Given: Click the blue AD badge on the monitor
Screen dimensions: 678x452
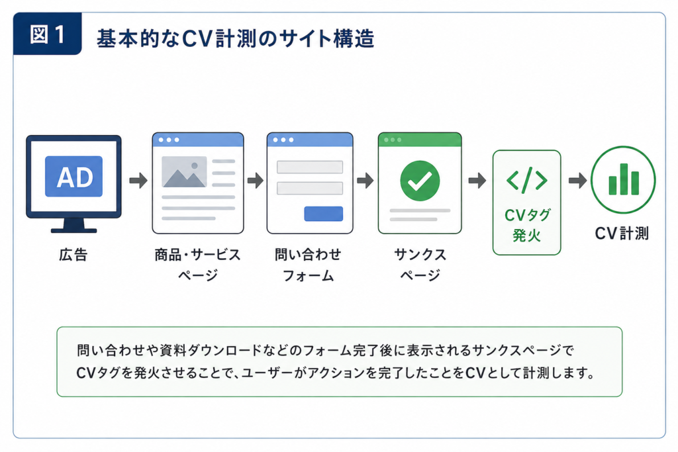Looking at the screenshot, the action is [74, 176].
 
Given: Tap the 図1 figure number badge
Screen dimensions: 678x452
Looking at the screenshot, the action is [47, 34].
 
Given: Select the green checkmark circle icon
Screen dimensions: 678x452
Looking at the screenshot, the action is [420, 181].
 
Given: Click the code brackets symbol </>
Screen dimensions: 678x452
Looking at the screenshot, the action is [526, 180].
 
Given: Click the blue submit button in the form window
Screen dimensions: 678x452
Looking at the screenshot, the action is [323, 214].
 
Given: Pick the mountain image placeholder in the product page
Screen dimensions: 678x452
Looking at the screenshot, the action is [184, 172].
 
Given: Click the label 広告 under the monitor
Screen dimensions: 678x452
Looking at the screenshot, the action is [73, 255].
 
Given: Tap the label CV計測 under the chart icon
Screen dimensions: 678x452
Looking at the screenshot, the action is [622, 234].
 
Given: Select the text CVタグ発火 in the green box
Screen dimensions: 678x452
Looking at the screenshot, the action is [527, 225].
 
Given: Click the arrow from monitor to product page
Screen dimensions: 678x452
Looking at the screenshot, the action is [138, 180].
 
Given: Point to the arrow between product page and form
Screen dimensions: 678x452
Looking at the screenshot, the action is [256, 180].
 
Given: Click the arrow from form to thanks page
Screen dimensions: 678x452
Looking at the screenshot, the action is [365, 180].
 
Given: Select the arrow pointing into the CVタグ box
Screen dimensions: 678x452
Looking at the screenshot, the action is [477, 180].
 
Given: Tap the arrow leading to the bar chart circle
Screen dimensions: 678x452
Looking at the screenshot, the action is [577, 180].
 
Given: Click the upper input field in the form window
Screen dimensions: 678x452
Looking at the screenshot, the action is [310, 167].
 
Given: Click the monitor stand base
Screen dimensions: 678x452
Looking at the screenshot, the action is [74, 230].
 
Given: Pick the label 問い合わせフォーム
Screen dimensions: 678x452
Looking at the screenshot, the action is [308, 265].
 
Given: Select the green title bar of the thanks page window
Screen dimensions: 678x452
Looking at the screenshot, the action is [420, 140].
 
